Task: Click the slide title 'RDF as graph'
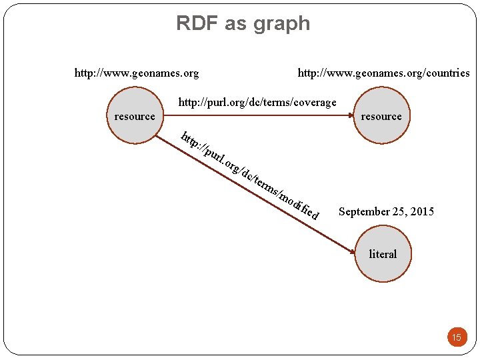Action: pos(243,23)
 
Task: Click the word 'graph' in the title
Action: pos(281,24)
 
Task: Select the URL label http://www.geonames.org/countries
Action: pos(383,73)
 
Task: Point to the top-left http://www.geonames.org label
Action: pos(136,73)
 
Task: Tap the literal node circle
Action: pos(382,254)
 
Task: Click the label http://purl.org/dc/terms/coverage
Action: pos(257,102)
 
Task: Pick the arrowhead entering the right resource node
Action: pos(352,115)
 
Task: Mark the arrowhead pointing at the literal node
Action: pos(353,251)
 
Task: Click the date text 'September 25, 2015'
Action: pos(386,211)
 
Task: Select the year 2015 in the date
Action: pos(421,211)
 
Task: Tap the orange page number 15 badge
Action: pos(457,337)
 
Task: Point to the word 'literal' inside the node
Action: pos(383,254)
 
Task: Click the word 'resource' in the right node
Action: pos(381,116)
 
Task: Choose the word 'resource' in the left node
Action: pos(135,116)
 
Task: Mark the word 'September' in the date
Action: pos(364,211)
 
